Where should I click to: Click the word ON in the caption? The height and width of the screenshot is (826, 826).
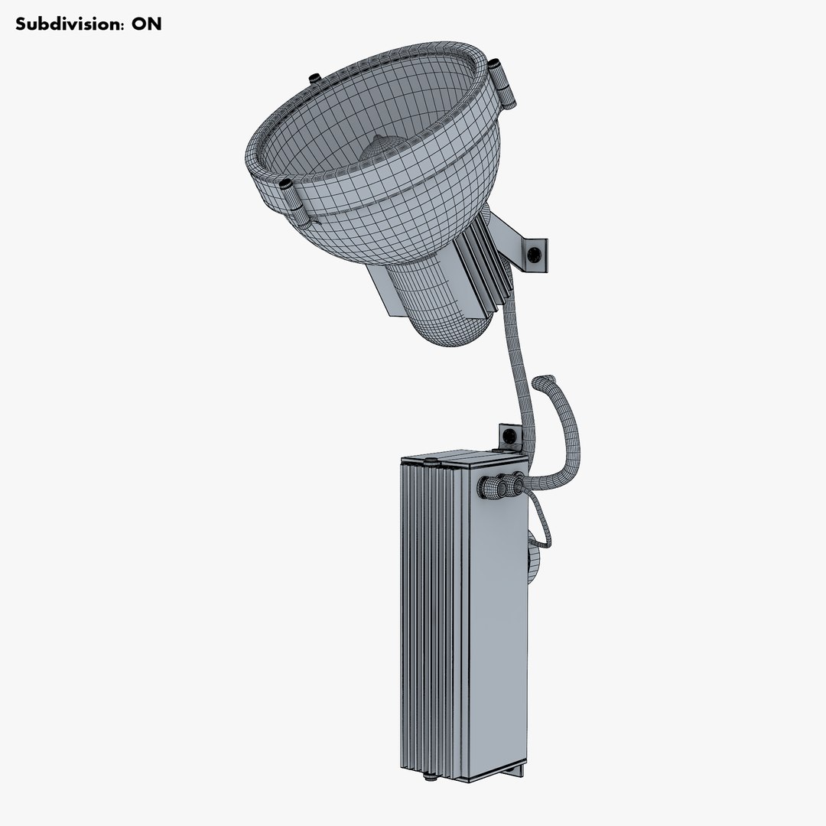pyautogui.click(x=146, y=24)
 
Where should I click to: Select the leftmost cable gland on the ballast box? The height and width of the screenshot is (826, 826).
pyautogui.click(x=485, y=487)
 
